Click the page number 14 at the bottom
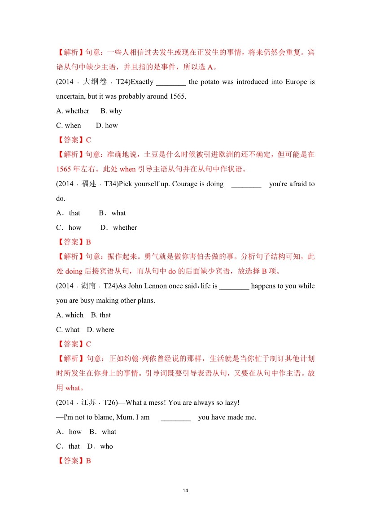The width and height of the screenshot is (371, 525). coord(185,490)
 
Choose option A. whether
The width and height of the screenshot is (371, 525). coord(73,111)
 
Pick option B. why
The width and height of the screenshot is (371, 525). coord(111,111)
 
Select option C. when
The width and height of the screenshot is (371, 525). coord(69,126)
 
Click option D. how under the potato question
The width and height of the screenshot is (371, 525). coord(107,126)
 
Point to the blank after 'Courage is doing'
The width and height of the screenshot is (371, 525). coord(246,184)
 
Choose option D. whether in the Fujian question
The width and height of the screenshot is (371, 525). coord(119,227)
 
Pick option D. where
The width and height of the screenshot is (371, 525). coord(100,329)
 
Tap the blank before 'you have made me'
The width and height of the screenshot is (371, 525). coord(175,417)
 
